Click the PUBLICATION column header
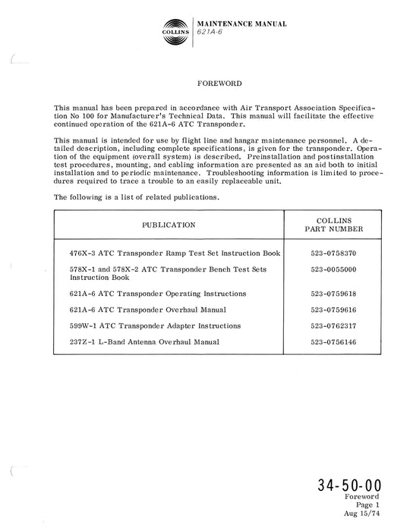coord(169,225)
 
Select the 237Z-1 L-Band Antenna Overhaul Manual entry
coord(143,342)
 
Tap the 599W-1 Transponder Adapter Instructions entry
coord(154,325)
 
